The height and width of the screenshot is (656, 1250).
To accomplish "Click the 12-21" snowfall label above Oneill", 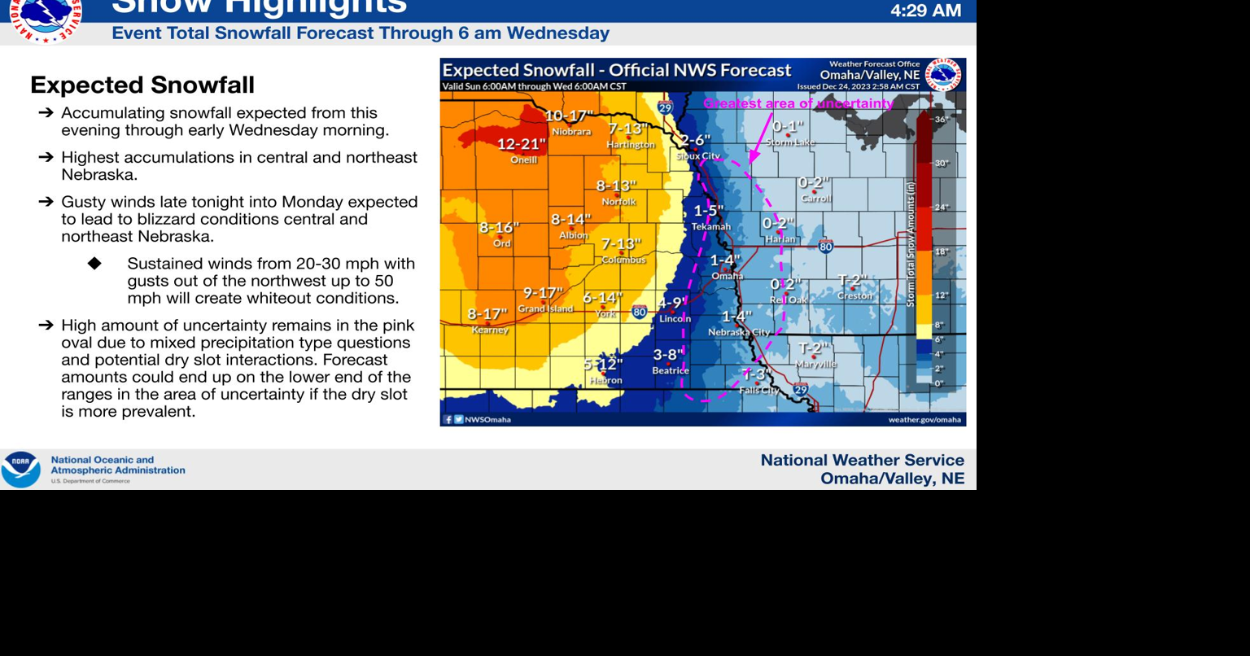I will pyautogui.click(x=522, y=144).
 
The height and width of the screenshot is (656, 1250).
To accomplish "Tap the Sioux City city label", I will pyautogui.click(x=698, y=156).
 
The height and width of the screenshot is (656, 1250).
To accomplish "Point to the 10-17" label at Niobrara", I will pyautogui.click(x=570, y=116).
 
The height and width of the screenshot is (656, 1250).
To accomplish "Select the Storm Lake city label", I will pyautogui.click(x=790, y=142).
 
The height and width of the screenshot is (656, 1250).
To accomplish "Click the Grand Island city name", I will pyautogui.click(x=545, y=309).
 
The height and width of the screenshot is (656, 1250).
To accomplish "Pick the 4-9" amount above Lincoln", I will pyautogui.click(x=672, y=303).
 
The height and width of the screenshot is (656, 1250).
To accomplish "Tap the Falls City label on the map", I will pyautogui.click(x=759, y=391).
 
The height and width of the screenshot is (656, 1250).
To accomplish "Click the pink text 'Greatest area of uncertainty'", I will pyautogui.click(x=798, y=103).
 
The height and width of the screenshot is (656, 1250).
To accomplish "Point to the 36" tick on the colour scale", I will pyautogui.click(x=942, y=120).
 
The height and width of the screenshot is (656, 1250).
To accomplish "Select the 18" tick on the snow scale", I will pyautogui.click(x=942, y=251).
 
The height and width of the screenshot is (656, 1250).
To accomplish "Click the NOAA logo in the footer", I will pyautogui.click(x=20, y=470).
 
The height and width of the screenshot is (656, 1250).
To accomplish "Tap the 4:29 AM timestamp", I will pyautogui.click(x=925, y=11).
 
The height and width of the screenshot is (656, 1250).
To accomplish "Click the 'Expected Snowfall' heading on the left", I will pyautogui.click(x=142, y=85).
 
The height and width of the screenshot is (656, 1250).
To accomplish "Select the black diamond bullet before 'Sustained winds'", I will pyautogui.click(x=95, y=264).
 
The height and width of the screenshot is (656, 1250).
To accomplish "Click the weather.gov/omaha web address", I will pyautogui.click(x=924, y=420).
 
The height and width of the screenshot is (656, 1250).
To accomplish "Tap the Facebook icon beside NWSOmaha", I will pyautogui.click(x=448, y=420).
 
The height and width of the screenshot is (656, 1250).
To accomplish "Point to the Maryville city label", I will pyautogui.click(x=816, y=365).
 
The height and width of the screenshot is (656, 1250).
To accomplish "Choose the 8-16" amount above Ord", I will pyautogui.click(x=499, y=227).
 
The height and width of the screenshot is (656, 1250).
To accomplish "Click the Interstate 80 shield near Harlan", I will pyautogui.click(x=826, y=247).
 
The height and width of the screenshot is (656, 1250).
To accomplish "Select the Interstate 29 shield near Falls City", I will pyautogui.click(x=801, y=389).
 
